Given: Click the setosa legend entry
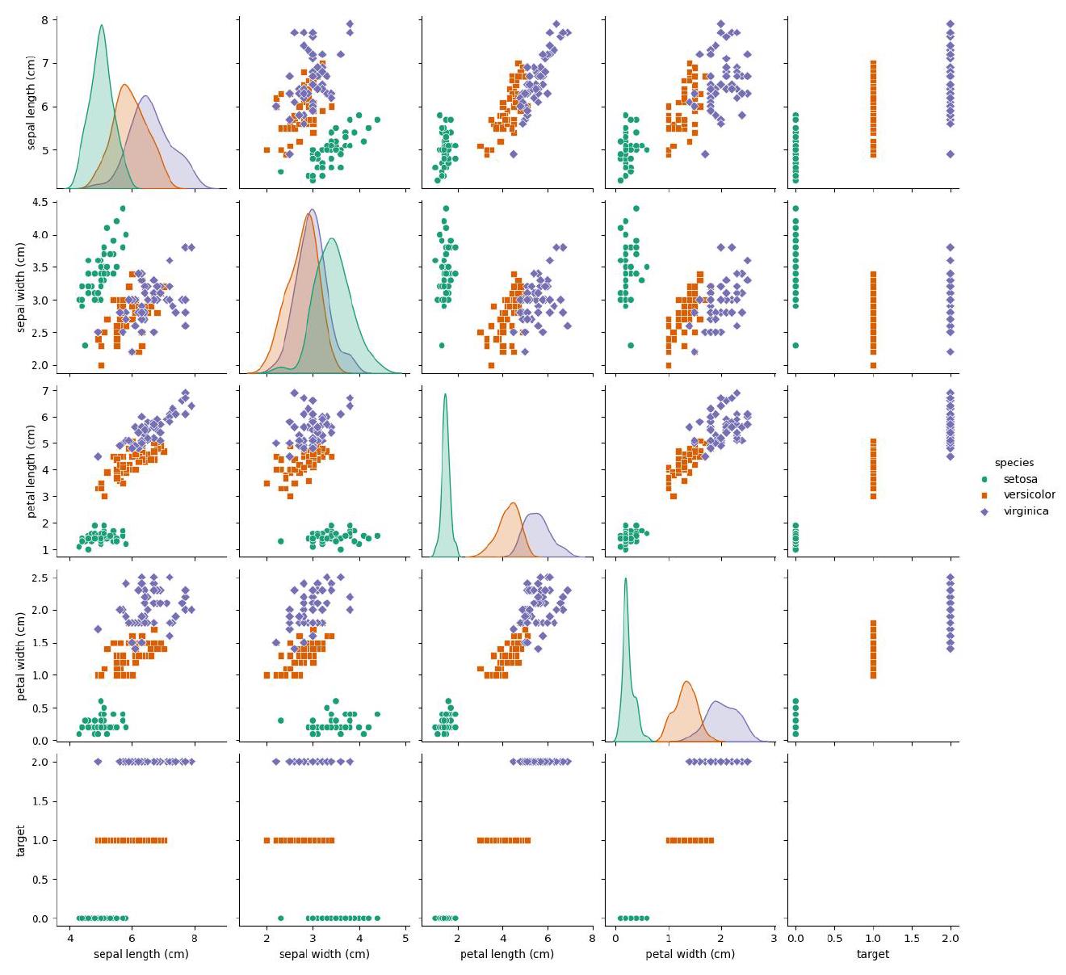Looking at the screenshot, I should pyautogui.click(x=1020, y=479).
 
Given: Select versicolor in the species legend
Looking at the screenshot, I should pyautogui.click(x=1029, y=495).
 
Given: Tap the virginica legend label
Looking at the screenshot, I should pyautogui.click(x=1026, y=511).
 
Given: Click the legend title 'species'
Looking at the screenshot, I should pyautogui.click(x=1014, y=463).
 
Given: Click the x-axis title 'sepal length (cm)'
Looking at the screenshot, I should pyautogui.click(x=141, y=954).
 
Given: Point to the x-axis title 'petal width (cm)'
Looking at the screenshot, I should pyautogui.click(x=690, y=954).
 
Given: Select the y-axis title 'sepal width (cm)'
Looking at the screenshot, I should pyautogui.click(x=22, y=288).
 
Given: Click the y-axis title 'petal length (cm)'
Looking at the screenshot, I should pyautogui.click(x=31, y=471).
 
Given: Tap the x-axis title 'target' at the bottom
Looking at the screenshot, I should pyautogui.click(x=872, y=954).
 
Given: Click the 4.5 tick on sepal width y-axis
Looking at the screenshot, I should pyautogui.click(x=39, y=202).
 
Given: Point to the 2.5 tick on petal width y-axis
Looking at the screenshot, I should pyautogui.click(x=39, y=577).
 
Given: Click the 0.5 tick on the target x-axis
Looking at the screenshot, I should pyautogui.click(x=834, y=938).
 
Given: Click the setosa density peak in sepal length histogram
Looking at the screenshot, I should pyautogui.click(x=101, y=25).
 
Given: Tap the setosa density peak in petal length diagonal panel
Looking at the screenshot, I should pyautogui.click(x=445, y=394).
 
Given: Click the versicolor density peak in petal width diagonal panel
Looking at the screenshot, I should pyautogui.click(x=686, y=682).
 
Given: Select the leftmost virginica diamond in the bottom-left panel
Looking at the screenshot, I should pyautogui.click(x=98, y=762).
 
